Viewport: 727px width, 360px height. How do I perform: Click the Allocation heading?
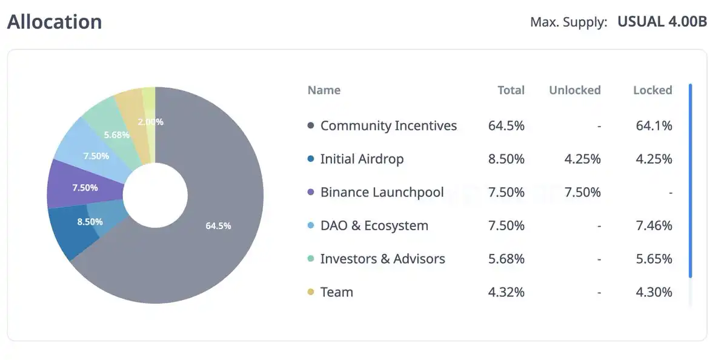point(55,22)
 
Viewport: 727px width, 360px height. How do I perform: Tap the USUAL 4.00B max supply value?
point(662,22)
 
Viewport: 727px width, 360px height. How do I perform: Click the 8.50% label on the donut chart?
point(90,222)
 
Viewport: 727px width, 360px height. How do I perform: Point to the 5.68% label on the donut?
point(117,135)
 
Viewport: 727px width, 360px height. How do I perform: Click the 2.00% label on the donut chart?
point(150,121)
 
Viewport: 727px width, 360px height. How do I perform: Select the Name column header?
point(324,90)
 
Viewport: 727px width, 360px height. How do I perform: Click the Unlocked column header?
point(574,90)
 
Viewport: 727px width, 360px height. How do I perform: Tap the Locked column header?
point(652,90)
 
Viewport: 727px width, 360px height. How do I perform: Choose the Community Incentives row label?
point(388,125)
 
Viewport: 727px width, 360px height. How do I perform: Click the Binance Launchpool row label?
point(382,192)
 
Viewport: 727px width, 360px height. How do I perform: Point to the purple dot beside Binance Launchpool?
point(311,192)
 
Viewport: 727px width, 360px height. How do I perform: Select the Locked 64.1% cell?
point(654,125)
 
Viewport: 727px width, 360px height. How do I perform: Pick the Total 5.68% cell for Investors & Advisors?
point(506,259)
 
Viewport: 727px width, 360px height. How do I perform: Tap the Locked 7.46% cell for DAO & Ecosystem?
point(654,225)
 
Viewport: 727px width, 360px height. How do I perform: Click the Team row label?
point(336,292)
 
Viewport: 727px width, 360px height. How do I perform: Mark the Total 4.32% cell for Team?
point(506,292)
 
